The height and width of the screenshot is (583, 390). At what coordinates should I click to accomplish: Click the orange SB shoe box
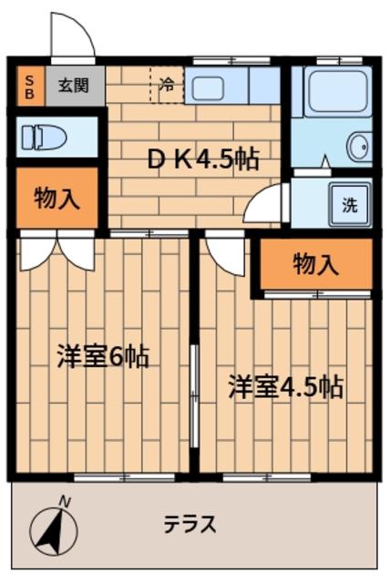coord(30,87)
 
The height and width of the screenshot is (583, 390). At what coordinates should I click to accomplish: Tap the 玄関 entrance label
coord(74,87)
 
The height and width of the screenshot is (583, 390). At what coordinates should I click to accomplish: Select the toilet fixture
coord(44,138)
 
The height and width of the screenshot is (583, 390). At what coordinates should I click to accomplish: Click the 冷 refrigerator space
coord(167,85)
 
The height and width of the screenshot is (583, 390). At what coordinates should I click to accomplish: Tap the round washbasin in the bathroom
coord(360,147)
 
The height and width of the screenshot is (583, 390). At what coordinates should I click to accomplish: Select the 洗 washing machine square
coord(350,205)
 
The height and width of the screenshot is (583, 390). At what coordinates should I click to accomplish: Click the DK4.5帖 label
coord(203,159)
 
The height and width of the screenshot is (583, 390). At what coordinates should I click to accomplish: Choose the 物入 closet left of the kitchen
coord(57,198)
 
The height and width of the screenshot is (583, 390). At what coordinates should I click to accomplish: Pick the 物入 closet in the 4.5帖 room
coord(316,263)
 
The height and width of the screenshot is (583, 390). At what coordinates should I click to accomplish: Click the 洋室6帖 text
coord(103,356)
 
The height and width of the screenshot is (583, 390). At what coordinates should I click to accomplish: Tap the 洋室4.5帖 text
coord(285,387)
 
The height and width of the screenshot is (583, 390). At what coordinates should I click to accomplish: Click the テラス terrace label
coord(190,524)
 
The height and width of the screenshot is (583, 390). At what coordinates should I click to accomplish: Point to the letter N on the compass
coord(65,502)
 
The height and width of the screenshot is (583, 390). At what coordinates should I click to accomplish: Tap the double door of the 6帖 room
coord(56,250)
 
